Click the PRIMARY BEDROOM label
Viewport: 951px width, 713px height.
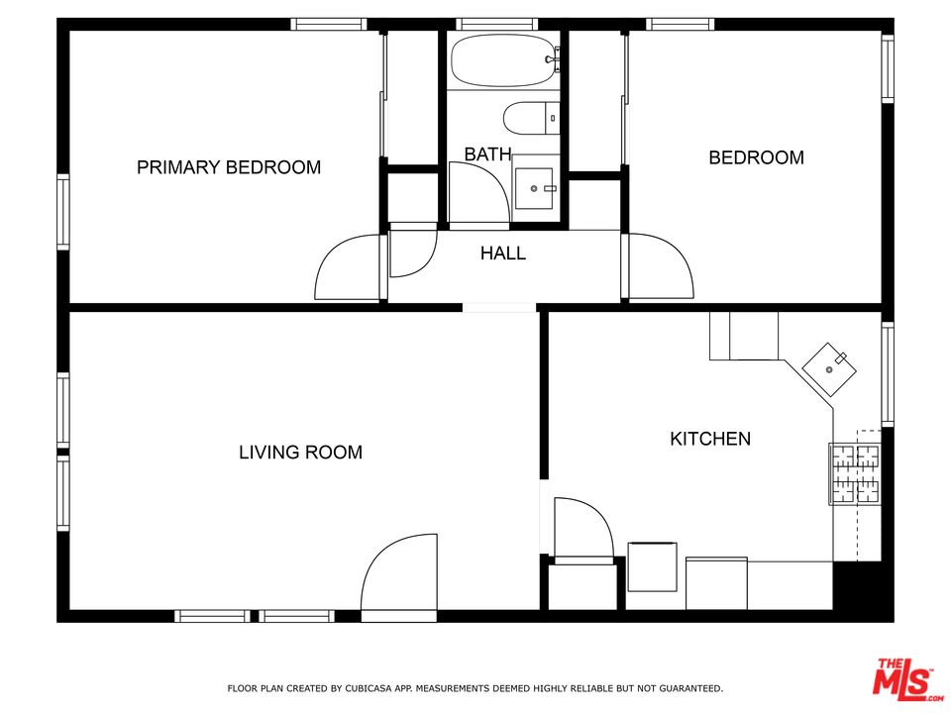click(x=229, y=167)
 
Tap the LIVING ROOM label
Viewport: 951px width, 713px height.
click(x=300, y=453)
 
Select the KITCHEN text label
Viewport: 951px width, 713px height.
click(x=710, y=439)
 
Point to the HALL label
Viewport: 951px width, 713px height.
click(x=503, y=254)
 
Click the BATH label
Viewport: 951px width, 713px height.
click(x=487, y=154)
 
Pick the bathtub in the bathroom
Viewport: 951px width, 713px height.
click(x=505, y=60)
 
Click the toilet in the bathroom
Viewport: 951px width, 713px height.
click(x=532, y=119)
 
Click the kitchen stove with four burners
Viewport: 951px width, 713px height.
click(x=854, y=473)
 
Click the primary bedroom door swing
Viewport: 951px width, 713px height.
click(x=347, y=267)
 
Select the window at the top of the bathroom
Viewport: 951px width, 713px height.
click(x=496, y=24)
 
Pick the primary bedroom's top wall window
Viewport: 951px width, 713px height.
click(x=328, y=24)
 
